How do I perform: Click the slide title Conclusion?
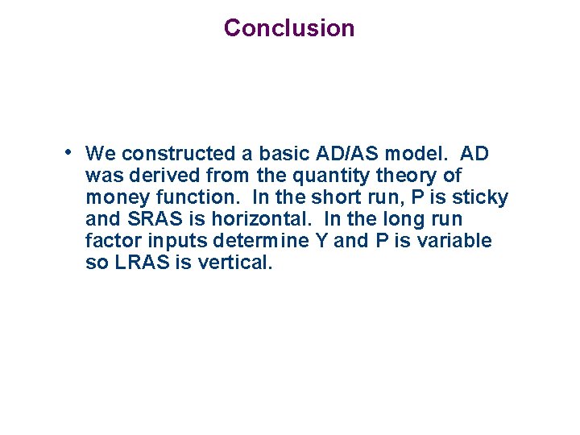click(x=288, y=28)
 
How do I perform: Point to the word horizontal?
click(x=263, y=219)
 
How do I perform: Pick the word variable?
click(x=454, y=241)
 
